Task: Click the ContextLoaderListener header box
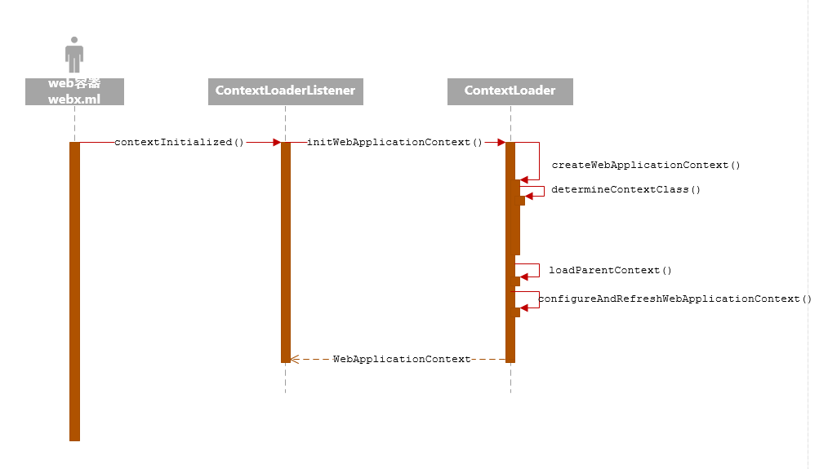point(285,91)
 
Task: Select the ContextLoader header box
point(510,91)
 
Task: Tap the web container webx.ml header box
point(74,91)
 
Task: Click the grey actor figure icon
point(74,55)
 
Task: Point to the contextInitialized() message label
point(180,142)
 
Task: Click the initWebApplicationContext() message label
point(394,142)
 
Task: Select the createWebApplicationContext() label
point(646,165)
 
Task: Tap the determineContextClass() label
point(625,189)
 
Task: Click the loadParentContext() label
point(610,270)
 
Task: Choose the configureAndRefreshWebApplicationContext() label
point(675,299)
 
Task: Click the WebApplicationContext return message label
point(402,359)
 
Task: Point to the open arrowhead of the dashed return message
point(295,359)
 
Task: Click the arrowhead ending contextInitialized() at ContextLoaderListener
point(275,142)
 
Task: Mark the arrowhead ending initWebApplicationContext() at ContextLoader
point(500,142)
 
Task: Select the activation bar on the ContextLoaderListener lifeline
point(286,252)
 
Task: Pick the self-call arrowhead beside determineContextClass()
point(530,196)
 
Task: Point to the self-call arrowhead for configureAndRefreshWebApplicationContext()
point(525,308)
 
